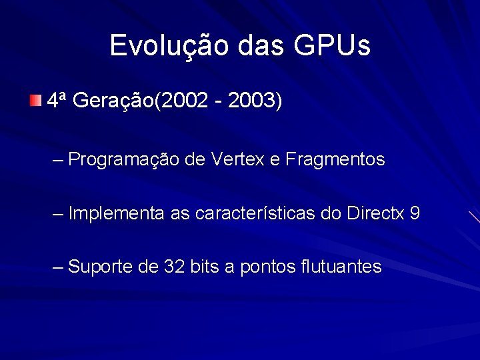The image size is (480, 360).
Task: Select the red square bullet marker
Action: pos(35,101)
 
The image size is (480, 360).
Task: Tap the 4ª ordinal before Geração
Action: pos(56,101)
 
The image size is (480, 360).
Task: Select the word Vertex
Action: pos(238,159)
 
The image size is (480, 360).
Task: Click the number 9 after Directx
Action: pos(415,213)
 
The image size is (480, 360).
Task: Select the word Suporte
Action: pos(101,267)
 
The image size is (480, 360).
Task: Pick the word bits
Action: pos(205,267)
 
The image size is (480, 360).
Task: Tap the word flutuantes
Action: pos(341,267)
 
